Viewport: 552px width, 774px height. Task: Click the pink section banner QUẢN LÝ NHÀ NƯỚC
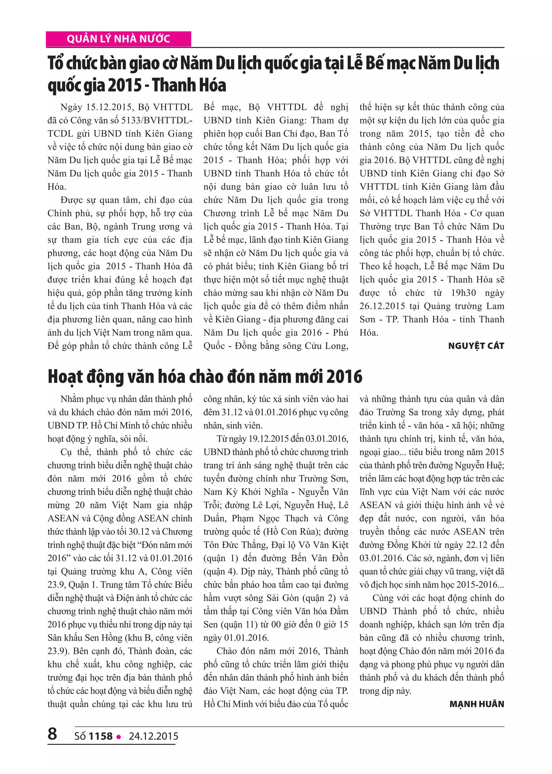coord(118,39)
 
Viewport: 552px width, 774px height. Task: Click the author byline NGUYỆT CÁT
coord(476,346)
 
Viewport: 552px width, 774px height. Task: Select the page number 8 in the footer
coord(52,733)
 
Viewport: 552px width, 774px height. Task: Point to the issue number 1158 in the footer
coord(100,736)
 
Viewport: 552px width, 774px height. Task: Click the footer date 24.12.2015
coord(153,736)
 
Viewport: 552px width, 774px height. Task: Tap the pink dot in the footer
coord(119,737)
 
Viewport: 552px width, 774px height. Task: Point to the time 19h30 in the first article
coord(464,293)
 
